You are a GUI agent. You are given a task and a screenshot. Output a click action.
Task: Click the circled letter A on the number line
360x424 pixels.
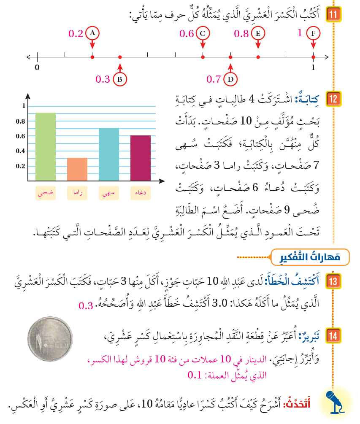click(x=92, y=33)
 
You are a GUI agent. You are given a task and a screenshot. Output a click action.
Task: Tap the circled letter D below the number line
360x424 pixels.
click(x=230, y=79)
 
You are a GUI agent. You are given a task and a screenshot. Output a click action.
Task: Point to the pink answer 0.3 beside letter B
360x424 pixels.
click(x=103, y=79)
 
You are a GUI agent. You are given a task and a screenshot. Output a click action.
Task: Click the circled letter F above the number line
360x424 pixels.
click(x=313, y=33)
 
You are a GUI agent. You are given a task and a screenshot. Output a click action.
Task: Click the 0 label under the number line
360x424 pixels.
click(x=37, y=68)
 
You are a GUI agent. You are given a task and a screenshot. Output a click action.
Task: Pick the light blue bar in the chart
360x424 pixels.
click(x=108, y=155)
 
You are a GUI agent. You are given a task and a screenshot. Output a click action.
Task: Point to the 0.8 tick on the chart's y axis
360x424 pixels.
click(x=20, y=122)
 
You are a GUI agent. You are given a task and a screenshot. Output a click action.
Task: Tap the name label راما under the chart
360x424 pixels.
click(x=77, y=193)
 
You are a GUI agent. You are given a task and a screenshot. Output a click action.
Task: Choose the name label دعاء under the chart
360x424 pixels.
click(x=140, y=193)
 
